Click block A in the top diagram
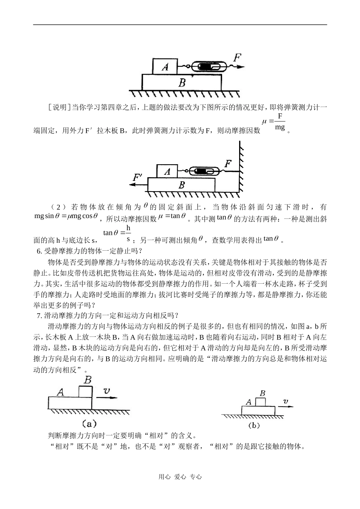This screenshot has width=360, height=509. [165, 66]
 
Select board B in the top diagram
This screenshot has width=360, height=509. [182, 82]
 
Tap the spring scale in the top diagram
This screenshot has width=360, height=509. [208, 67]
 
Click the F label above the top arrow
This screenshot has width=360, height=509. [237, 58]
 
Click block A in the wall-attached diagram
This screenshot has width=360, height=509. [167, 171]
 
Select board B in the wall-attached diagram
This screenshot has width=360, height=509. [181, 185]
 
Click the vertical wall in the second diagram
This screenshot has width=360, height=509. [239, 167]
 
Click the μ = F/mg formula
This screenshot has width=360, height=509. [274, 122]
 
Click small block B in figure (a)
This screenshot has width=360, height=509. [85, 391]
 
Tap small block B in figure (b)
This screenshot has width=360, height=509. [261, 402]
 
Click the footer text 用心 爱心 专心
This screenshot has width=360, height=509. [180, 477]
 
